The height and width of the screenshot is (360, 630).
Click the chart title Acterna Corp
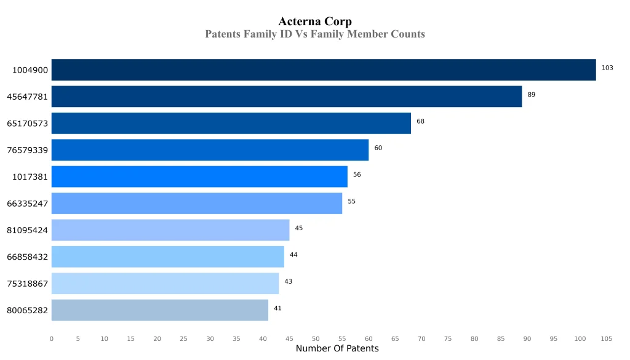(315, 22)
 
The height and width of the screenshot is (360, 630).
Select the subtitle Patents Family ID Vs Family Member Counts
(315, 34)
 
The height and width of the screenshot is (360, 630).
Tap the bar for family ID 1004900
(324, 70)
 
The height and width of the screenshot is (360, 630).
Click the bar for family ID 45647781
(287, 97)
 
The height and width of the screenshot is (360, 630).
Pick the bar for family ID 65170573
(231, 123)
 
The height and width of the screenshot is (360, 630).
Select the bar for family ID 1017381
(199, 177)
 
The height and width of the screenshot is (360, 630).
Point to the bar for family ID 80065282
(160, 310)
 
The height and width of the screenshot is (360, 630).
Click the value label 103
(607, 68)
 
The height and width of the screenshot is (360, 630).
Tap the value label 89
(532, 95)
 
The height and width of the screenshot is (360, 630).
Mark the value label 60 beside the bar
(378, 148)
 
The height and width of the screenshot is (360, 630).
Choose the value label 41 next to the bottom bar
(277, 308)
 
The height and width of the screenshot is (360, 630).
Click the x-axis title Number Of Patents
(337, 349)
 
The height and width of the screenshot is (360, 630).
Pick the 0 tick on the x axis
(52, 338)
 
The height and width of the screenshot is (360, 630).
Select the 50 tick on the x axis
(316, 338)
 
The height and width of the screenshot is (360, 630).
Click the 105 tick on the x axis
(607, 338)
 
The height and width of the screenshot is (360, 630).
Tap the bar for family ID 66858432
(168, 257)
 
